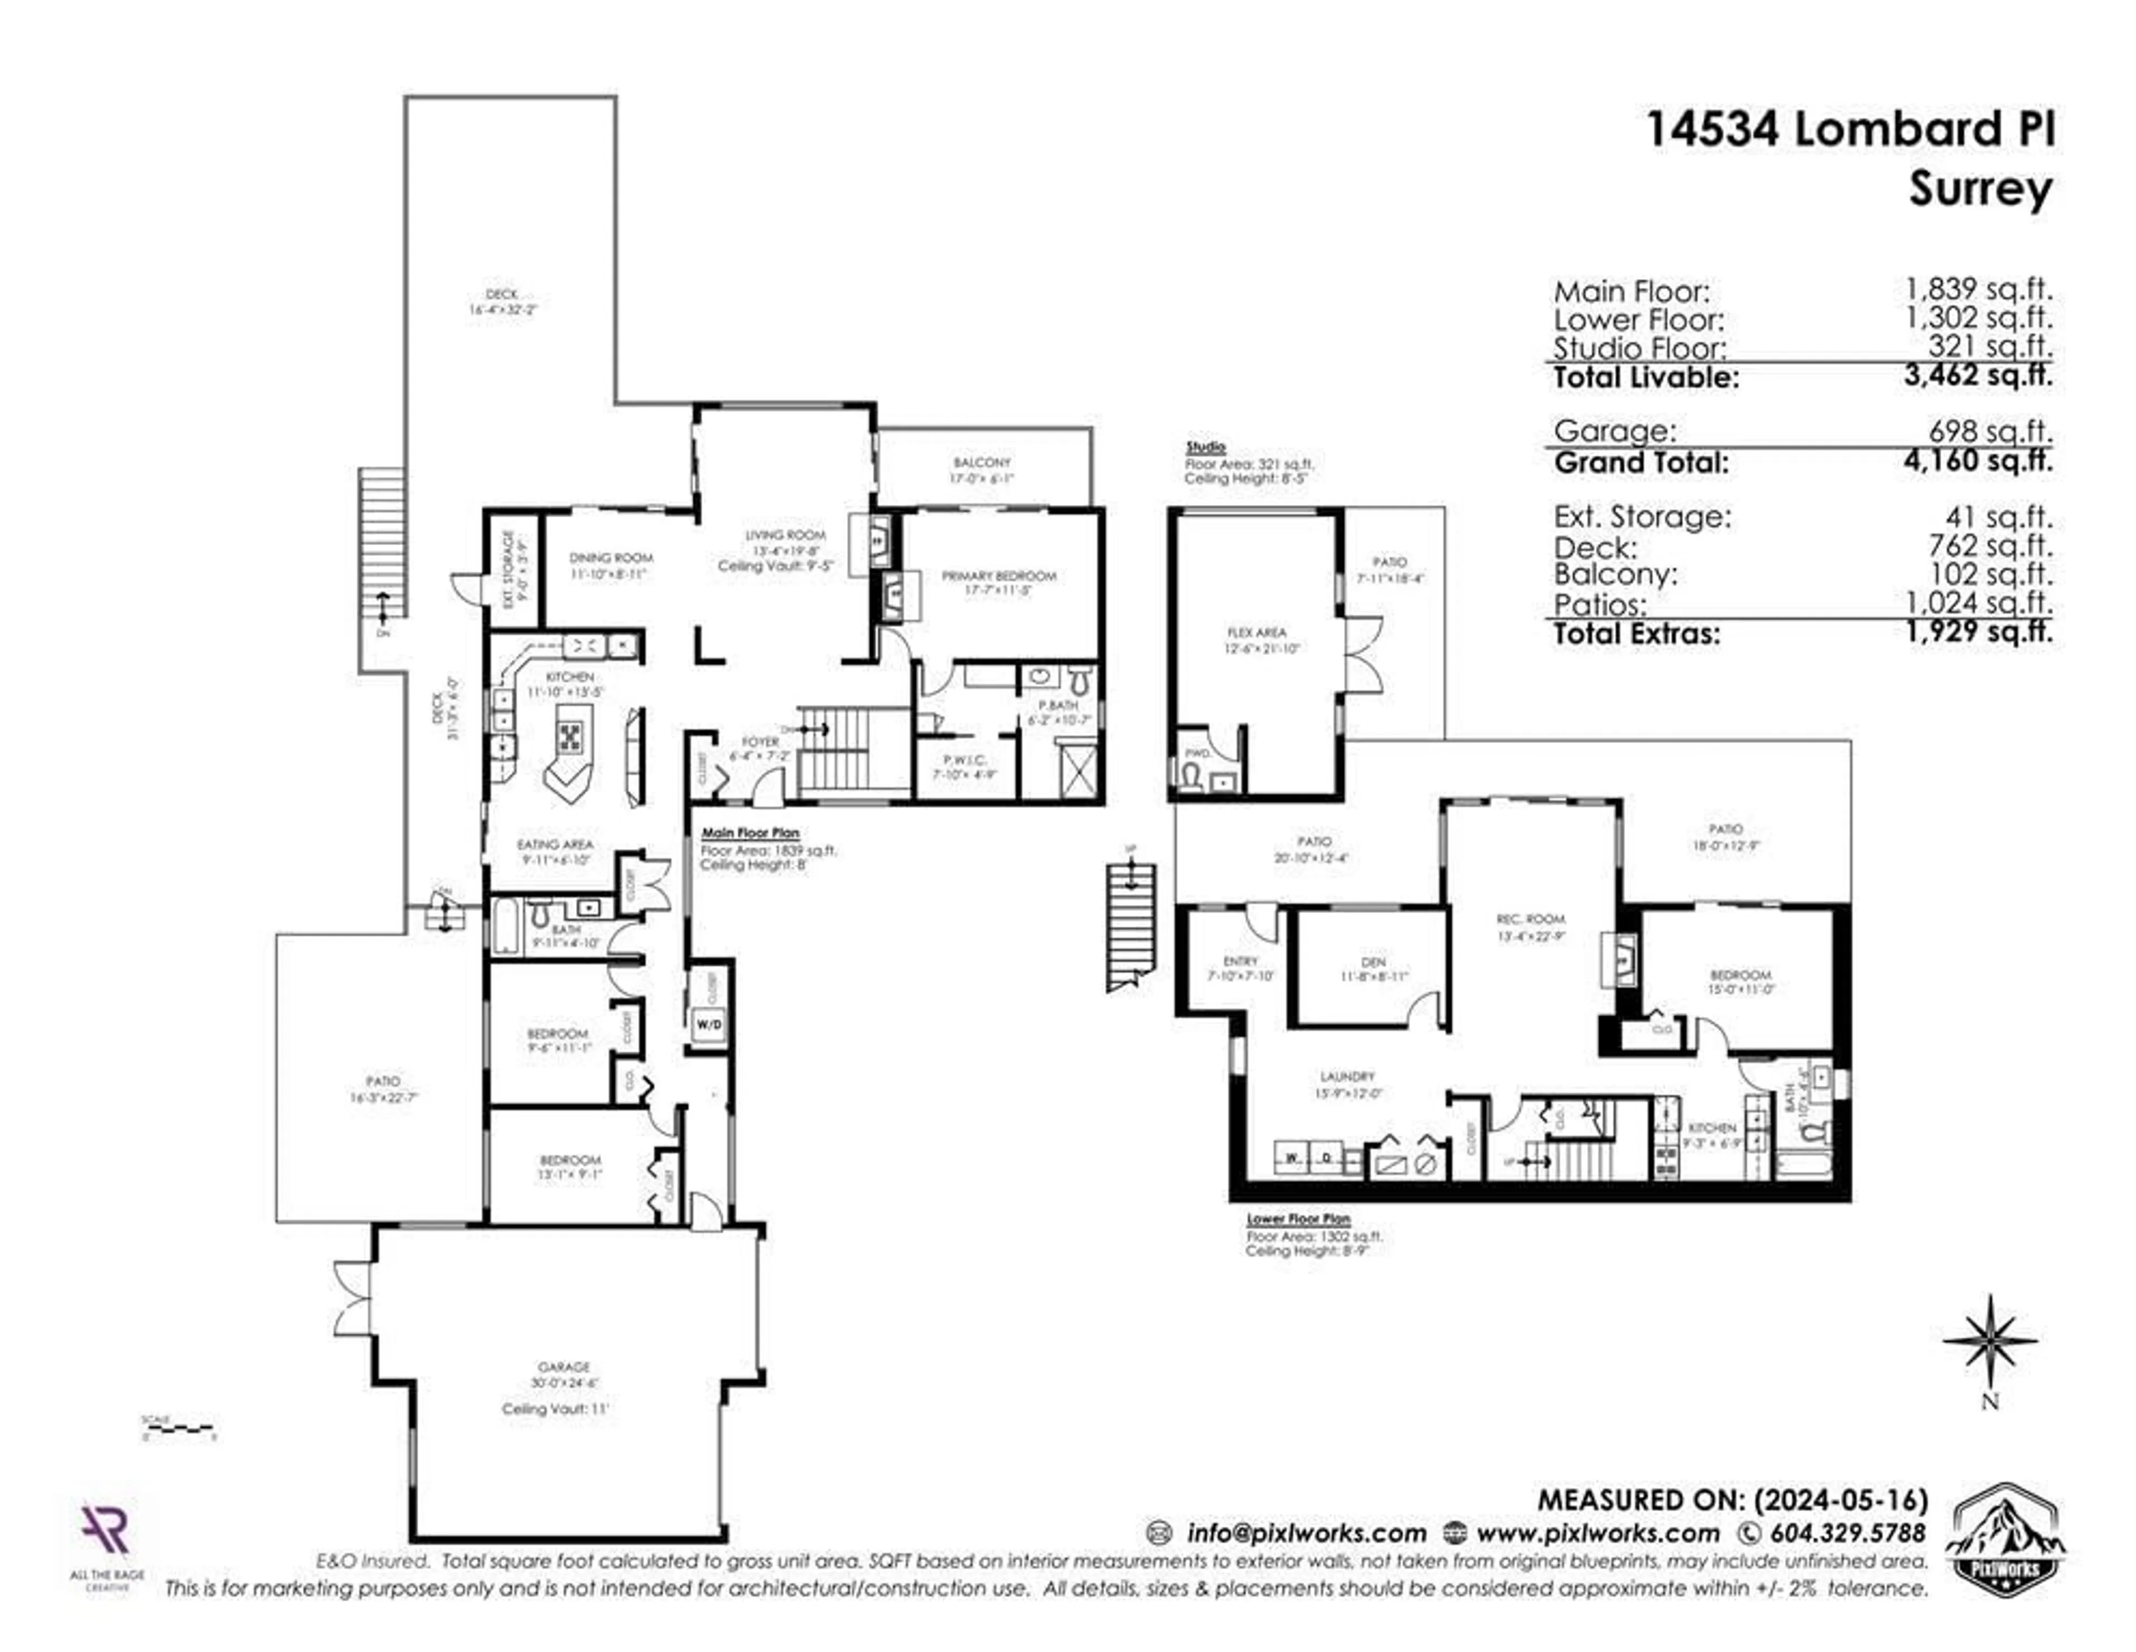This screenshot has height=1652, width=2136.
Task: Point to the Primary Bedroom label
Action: click(998, 576)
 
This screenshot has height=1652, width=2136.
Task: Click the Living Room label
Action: click(785, 535)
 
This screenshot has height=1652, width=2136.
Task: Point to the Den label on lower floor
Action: click(1373, 962)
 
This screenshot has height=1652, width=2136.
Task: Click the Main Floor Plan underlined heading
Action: click(750, 833)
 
